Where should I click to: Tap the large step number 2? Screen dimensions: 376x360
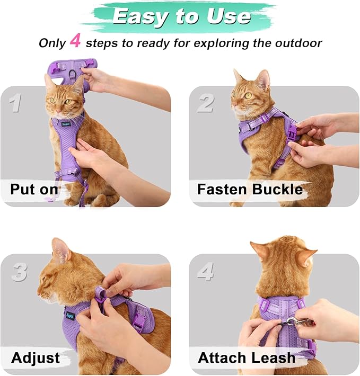[x=205, y=103]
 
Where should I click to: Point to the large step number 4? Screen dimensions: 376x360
[x=206, y=272]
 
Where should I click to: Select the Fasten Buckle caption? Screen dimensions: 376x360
[x=250, y=189]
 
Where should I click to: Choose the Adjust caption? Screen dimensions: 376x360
[x=35, y=357]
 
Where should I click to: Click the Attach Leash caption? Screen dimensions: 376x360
[x=246, y=357]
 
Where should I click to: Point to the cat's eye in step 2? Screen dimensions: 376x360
[x=248, y=95]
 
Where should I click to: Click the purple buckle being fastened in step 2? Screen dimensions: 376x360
[x=291, y=130]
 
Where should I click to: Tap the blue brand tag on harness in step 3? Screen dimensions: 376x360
[x=70, y=316]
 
